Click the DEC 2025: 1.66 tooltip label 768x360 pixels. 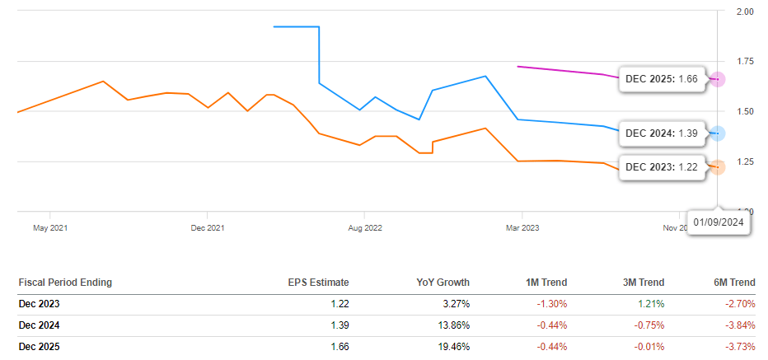[x=662, y=79]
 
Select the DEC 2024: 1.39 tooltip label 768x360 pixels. [x=662, y=133]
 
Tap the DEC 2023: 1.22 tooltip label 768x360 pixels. [x=662, y=166]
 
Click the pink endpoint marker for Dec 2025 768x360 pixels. [x=718, y=79]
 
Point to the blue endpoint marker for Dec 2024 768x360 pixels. [x=718, y=133]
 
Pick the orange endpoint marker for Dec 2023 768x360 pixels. [x=718, y=166]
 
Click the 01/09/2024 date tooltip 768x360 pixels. [x=719, y=222]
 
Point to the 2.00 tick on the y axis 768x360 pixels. [x=744, y=12]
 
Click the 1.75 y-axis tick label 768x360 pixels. [x=744, y=61]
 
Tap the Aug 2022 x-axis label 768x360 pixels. [x=363, y=227]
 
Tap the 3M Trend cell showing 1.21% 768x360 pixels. [x=650, y=304]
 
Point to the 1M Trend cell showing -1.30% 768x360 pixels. [x=550, y=304]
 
